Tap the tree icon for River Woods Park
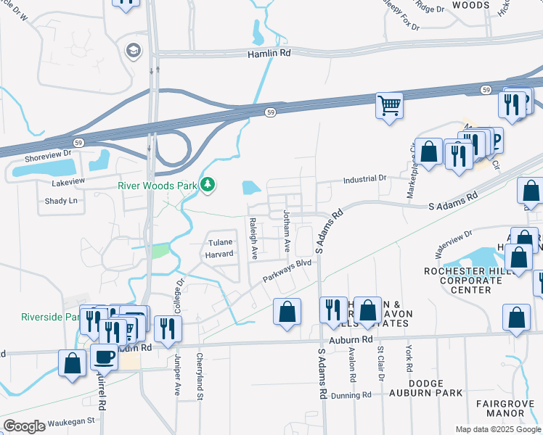(208, 186)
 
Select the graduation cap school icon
(133, 50)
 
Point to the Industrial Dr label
(364, 178)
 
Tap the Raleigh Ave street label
(254, 239)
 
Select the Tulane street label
(221, 243)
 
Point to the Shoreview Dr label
(48, 153)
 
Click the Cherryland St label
(198, 376)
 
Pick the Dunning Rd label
(351, 395)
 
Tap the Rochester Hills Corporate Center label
(468, 281)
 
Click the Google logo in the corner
(24, 426)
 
